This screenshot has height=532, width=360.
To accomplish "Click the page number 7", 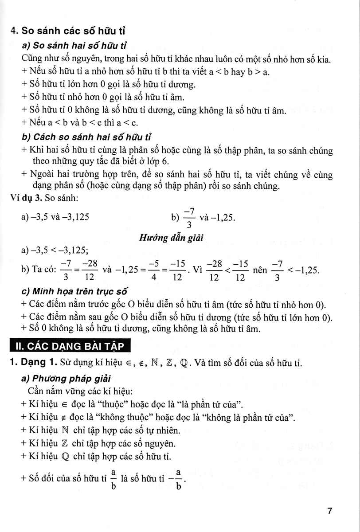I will click(x=329, y=511).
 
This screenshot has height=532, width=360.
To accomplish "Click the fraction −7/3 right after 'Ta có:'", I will click(x=65, y=270).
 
